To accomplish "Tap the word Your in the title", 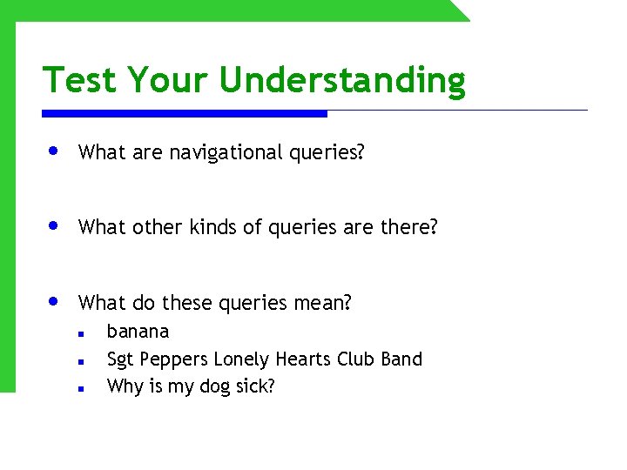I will pos(169,80).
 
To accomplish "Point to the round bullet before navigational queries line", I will pos(54,151).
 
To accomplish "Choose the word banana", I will pos(138,332).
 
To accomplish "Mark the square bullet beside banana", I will pos(79,333).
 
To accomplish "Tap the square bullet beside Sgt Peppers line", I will pos(79,361).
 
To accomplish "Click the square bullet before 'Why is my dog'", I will pos(79,389).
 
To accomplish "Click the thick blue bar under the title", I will pos(185,113).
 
